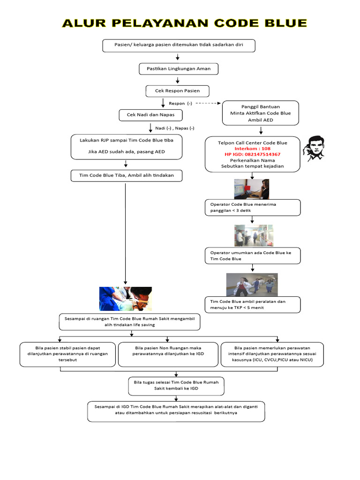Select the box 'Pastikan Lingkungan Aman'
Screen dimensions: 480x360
click(x=179, y=69)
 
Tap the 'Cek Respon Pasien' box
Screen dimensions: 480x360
click(x=177, y=90)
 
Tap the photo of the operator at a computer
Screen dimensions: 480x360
click(x=252, y=189)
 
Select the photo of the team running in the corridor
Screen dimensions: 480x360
click(x=252, y=285)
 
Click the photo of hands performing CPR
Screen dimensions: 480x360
click(x=126, y=299)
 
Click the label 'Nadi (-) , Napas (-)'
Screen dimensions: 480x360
click(x=175, y=128)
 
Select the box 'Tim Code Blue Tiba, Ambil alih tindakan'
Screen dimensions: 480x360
click(x=126, y=176)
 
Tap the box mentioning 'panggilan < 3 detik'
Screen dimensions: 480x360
click(x=252, y=207)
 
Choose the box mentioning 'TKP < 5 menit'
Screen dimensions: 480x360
click(x=252, y=305)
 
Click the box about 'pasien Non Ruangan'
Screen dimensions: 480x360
click(x=168, y=354)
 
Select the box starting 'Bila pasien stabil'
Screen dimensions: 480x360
click(x=68, y=354)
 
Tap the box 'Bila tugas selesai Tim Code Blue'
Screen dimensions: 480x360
click(x=176, y=385)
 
